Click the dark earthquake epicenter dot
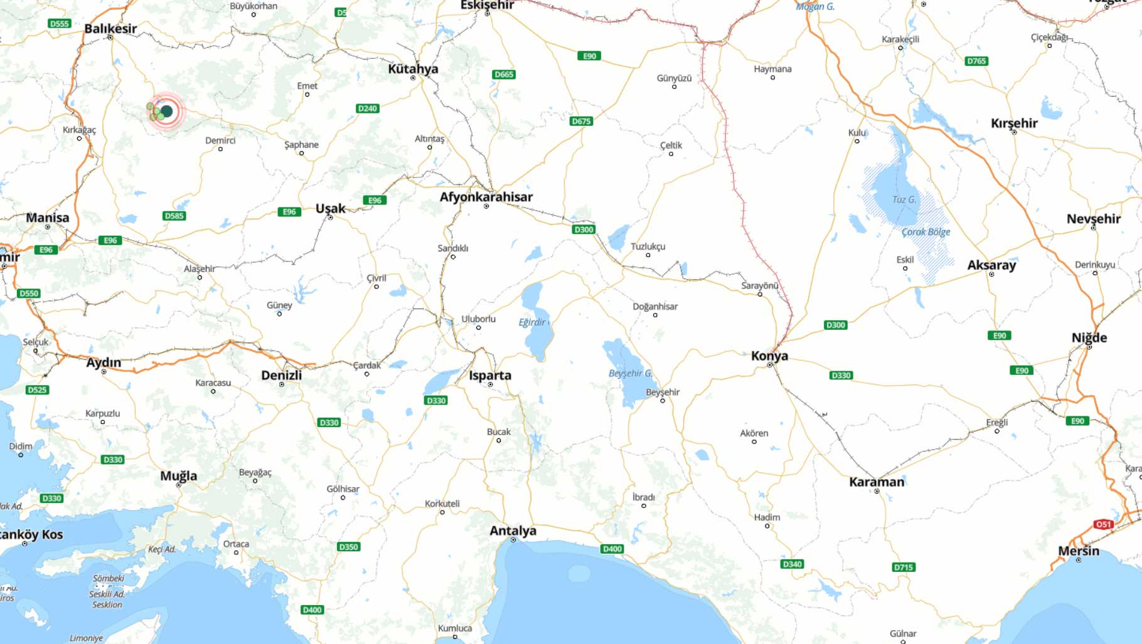(x=166, y=112)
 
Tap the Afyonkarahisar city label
(x=486, y=197)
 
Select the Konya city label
(x=769, y=356)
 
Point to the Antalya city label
(x=513, y=531)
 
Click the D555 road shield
(x=59, y=24)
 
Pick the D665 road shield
(x=504, y=75)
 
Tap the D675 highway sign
(x=581, y=121)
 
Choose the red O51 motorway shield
(x=1103, y=524)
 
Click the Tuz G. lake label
(x=904, y=200)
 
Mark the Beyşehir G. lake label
(x=630, y=373)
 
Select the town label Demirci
(x=220, y=140)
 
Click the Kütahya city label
(x=413, y=69)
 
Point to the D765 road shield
(x=976, y=61)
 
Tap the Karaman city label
(x=877, y=482)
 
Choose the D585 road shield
(x=174, y=216)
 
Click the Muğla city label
(x=178, y=476)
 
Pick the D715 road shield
(x=903, y=567)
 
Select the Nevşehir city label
(x=1093, y=219)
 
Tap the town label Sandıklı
(x=452, y=248)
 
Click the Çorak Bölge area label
(x=926, y=232)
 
